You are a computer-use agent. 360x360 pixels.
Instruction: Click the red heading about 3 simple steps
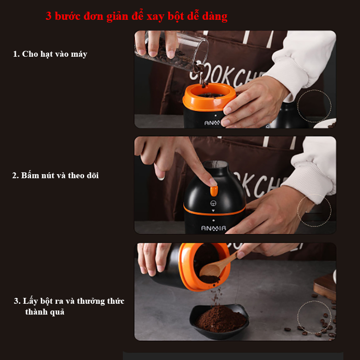coord(136,16)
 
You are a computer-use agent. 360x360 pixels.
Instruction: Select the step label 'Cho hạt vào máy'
coord(54,54)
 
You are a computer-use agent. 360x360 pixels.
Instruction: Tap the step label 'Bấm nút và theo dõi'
coord(60,175)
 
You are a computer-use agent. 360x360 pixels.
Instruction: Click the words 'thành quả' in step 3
coord(45,312)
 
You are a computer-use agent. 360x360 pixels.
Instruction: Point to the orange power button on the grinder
coord(214,191)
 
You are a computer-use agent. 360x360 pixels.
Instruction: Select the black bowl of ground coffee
coord(219,321)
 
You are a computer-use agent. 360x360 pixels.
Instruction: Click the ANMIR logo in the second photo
coord(213,228)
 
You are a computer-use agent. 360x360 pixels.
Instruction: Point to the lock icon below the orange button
coord(213,203)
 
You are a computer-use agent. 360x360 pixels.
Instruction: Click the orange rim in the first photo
coord(209,97)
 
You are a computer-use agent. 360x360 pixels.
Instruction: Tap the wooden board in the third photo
coord(325,287)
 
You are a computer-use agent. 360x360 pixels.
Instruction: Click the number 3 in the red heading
coord(49,16)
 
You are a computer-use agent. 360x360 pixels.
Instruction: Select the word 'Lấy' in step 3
coord(30,301)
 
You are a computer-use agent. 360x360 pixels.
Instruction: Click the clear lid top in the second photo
coord(216,164)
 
